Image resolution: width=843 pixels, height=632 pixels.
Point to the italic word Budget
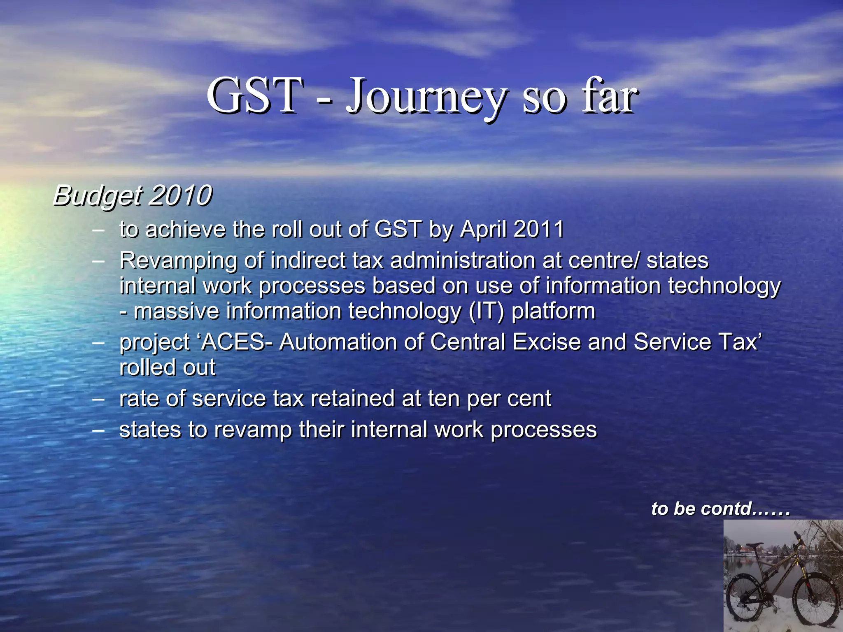(98, 196)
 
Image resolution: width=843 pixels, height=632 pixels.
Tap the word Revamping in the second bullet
(178, 261)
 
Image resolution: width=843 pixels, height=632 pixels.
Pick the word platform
(553, 311)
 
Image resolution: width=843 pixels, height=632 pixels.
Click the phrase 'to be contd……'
(720, 509)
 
